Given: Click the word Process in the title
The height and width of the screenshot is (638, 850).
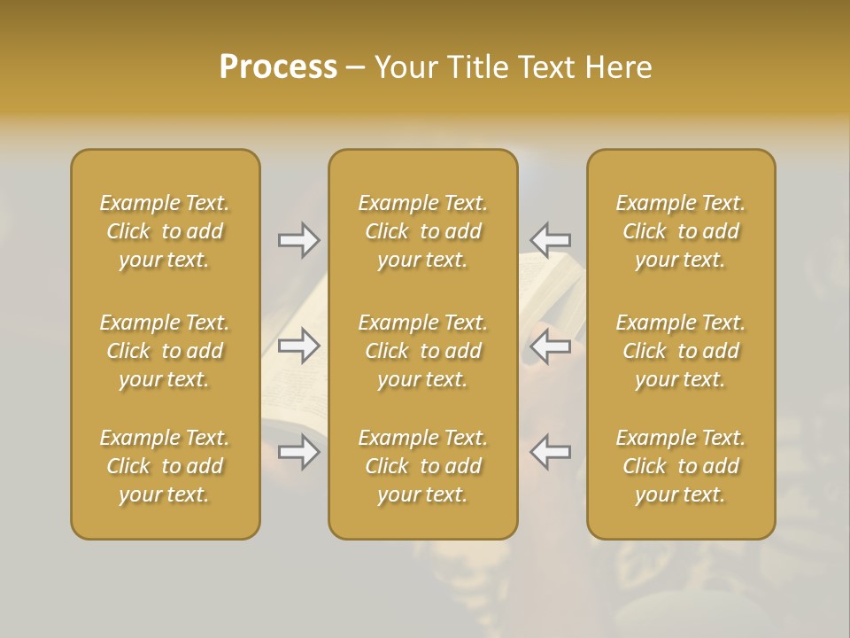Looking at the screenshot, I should (278, 67).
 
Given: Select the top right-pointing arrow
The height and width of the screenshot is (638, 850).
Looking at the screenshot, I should (299, 240).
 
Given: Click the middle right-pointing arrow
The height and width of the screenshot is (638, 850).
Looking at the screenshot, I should (299, 346).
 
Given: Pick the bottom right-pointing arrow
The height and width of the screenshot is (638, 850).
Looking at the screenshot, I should (299, 452).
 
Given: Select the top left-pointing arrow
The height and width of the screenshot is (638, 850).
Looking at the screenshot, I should (550, 239).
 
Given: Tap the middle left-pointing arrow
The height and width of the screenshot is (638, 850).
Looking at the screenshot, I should (550, 346).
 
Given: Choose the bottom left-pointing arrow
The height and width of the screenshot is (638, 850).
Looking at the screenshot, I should (550, 452).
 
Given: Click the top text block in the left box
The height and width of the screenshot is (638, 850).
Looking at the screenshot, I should (165, 231).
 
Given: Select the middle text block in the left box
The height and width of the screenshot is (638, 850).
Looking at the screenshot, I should (165, 351).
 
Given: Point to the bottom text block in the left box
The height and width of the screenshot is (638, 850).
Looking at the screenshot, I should (165, 466).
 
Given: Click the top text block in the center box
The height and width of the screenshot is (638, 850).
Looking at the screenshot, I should (422, 231).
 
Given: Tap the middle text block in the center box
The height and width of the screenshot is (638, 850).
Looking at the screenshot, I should (422, 351).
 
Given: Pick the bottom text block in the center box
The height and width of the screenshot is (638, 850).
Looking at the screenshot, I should (422, 466).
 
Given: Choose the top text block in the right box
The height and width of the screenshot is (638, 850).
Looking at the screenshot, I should (680, 231).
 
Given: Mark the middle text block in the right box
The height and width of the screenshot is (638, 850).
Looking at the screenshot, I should (680, 351).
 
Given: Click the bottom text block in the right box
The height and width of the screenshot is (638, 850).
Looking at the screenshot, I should (680, 466).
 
